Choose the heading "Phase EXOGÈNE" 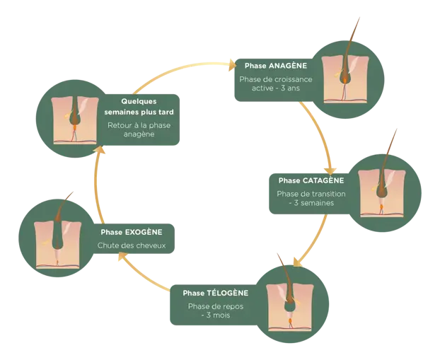click(x=132, y=232)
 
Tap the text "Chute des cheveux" click(x=132, y=246)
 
